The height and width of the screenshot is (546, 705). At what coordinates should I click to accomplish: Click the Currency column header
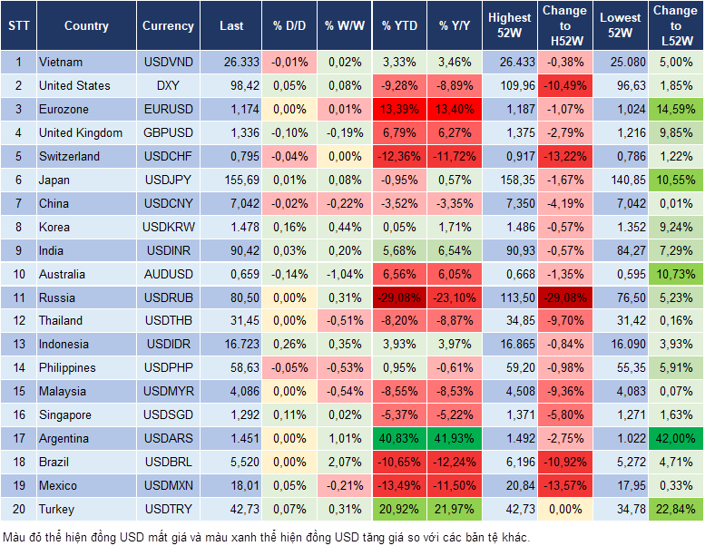[x=168, y=26]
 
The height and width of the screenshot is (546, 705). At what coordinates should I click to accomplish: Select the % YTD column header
[x=400, y=26]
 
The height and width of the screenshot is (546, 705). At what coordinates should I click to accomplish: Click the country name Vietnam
[x=61, y=63]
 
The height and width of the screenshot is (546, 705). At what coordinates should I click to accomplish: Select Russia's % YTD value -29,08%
[x=401, y=297]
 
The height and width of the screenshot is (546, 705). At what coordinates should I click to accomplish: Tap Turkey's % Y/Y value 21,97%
[x=457, y=510]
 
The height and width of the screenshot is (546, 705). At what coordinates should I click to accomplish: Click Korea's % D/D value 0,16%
[x=289, y=227]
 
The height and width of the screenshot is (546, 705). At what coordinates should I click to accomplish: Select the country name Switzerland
[x=70, y=156]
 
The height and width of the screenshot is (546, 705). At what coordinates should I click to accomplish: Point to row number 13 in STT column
[x=18, y=345]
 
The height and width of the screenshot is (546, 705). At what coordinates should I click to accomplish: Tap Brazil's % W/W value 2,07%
[x=343, y=463]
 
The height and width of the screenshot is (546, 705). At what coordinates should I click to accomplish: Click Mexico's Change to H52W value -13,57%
[x=564, y=486]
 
